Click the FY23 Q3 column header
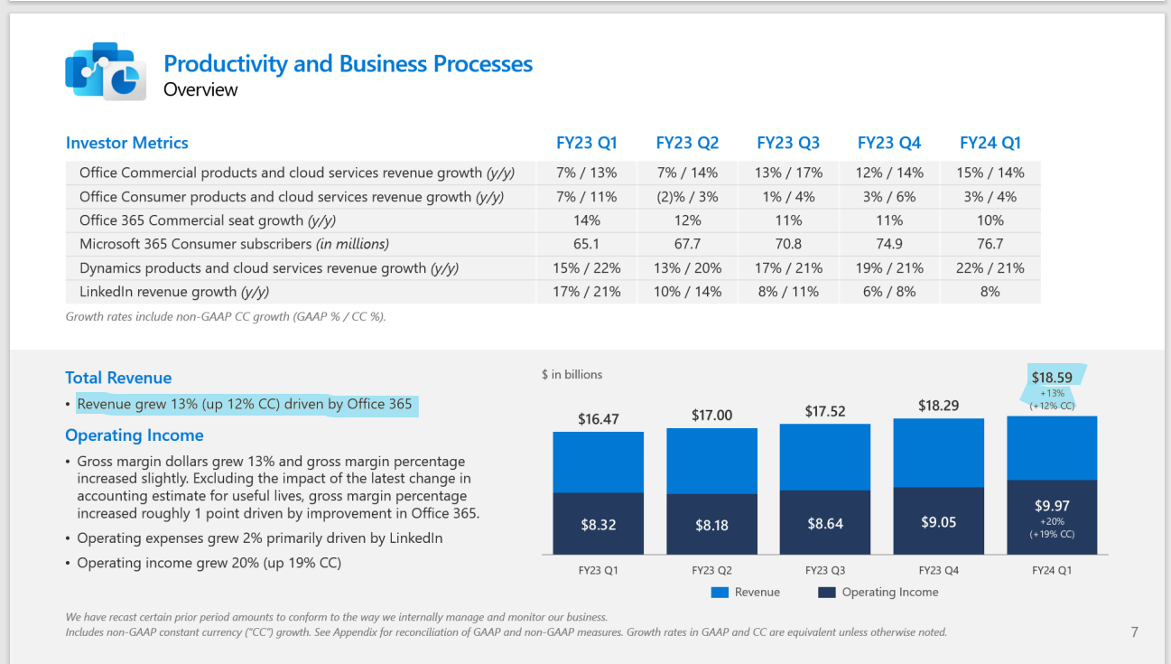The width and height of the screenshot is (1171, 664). (x=788, y=143)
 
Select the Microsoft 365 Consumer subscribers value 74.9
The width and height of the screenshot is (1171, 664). (x=889, y=244)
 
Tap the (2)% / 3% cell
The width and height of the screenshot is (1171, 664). (x=687, y=196)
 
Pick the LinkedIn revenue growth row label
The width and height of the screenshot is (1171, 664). (x=174, y=292)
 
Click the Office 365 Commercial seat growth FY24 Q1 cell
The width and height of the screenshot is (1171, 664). (x=990, y=220)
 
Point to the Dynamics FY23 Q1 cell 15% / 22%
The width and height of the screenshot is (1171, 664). (x=586, y=268)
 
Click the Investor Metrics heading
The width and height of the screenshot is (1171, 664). (x=127, y=143)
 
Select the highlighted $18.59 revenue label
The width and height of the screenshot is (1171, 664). (x=1053, y=377)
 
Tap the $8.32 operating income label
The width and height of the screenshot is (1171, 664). (x=598, y=524)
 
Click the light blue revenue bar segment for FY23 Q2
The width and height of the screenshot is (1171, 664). (x=711, y=461)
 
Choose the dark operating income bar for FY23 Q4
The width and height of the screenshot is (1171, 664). (x=939, y=521)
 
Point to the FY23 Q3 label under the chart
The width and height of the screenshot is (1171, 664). (x=825, y=570)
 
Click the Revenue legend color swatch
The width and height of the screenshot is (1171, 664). (x=720, y=593)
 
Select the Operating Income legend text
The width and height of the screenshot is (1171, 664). (x=889, y=593)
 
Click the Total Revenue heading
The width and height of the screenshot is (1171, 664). (x=118, y=378)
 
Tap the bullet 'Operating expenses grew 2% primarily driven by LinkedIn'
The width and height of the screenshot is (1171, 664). (x=260, y=538)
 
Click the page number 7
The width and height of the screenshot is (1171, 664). (x=1135, y=632)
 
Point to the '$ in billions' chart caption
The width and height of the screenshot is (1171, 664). (x=572, y=374)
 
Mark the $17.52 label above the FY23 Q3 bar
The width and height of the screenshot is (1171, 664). (x=825, y=412)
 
